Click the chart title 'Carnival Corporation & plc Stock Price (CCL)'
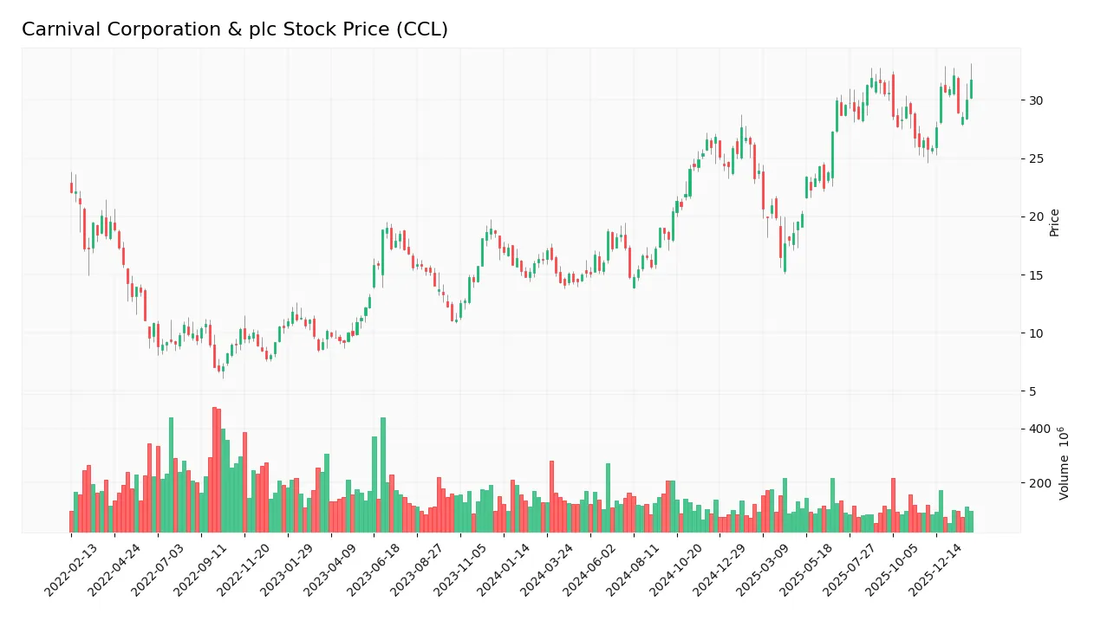click(235, 29)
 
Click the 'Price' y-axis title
click(1054, 223)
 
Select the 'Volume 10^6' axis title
click(1062, 462)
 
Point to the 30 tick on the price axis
click(1035, 100)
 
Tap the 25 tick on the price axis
click(1035, 158)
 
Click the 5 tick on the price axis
click(1032, 391)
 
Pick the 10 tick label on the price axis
click(1035, 333)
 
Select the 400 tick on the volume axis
click(1039, 429)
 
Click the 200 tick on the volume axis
click(1039, 483)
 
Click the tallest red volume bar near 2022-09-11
click(214, 470)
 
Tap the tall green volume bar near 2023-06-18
click(383, 475)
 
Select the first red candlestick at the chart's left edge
click(71, 188)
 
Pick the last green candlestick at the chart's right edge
click(971, 88)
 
